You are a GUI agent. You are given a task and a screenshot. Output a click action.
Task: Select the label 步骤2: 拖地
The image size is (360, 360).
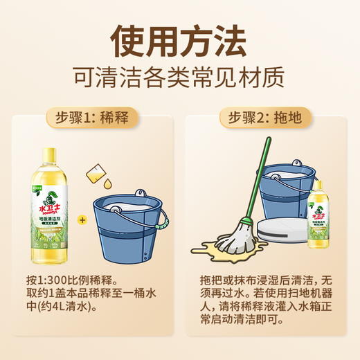pos(267,118)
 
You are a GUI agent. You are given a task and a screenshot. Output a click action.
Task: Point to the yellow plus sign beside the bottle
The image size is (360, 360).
pos(82,220)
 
